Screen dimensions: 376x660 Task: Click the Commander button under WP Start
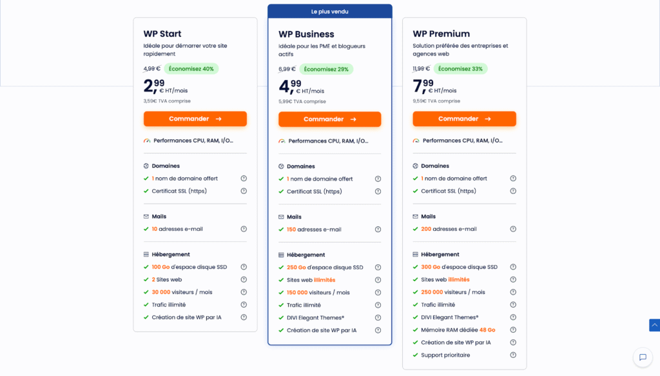click(195, 119)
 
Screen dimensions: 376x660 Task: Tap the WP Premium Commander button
click(464, 119)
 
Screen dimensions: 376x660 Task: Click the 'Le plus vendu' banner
click(329, 12)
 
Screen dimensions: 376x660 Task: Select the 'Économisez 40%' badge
click(191, 69)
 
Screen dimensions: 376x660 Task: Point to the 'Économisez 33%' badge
click(460, 69)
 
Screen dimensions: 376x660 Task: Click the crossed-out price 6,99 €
click(287, 69)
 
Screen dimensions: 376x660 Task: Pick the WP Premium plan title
click(441, 34)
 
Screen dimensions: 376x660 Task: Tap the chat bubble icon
click(642, 357)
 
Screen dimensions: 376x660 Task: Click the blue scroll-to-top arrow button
click(654, 325)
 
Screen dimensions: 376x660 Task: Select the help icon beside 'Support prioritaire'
click(513, 355)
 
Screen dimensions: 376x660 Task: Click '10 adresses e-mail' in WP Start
click(177, 229)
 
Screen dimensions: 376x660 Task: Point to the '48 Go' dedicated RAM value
click(487, 330)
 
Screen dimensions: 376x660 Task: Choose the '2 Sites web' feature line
click(167, 279)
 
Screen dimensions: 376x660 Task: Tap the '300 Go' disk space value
click(431, 267)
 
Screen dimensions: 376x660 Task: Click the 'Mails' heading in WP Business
click(294, 217)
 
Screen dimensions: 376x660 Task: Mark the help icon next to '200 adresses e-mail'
click(513, 229)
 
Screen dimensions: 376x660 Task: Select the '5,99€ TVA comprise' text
click(302, 101)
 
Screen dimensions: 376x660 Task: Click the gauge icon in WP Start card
click(147, 141)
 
